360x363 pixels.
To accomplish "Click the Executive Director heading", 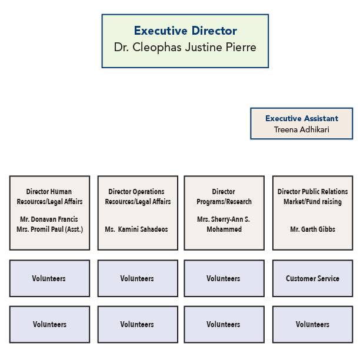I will coord(185,31).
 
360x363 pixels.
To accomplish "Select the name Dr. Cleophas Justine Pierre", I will coord(185,48).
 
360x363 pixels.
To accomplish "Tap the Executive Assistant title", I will coord(302,119).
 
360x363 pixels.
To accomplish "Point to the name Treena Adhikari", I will coord(302,129).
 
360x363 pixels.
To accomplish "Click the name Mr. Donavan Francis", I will coord(49,219).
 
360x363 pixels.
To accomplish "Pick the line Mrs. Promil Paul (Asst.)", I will coord(49,229).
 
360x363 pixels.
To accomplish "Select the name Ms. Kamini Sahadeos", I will coord(138,229).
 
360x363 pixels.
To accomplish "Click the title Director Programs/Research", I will coord(224,197).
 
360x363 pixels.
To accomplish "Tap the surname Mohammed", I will coord(224,229).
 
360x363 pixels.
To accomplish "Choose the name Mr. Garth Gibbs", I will coord(313,229).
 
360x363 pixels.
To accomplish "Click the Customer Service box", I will coord(313,278).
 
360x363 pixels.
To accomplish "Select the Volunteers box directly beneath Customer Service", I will coord(313,324).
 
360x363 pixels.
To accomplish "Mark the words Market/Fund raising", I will coord(313,202).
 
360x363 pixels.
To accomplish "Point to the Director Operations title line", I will coord(136,192).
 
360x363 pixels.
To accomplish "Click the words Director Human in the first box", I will coord(49,192).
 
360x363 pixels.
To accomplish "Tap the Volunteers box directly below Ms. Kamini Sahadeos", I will coord(138,278).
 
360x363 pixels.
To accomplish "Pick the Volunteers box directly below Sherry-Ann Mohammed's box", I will coord(224,278).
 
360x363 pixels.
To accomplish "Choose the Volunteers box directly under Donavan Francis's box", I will coord(49,278).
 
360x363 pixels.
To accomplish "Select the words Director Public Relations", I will coord(313,192).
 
